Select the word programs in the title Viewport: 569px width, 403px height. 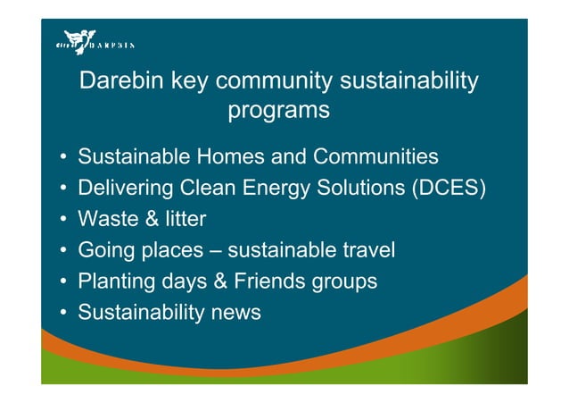[x=279, y=112]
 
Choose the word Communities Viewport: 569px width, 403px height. [x=375, y=157]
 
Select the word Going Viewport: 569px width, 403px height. [x=105, y=251]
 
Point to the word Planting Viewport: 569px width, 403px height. [x=113, y=281]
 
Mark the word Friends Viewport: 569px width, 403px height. [x=268, y=281]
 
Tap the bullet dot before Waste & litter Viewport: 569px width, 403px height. [x=63, y=220]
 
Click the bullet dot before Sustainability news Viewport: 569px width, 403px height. [x=63, y=313]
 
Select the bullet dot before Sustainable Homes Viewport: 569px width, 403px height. [x=63, y=158]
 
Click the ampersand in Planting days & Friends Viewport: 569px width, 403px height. [x=219, y=281]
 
